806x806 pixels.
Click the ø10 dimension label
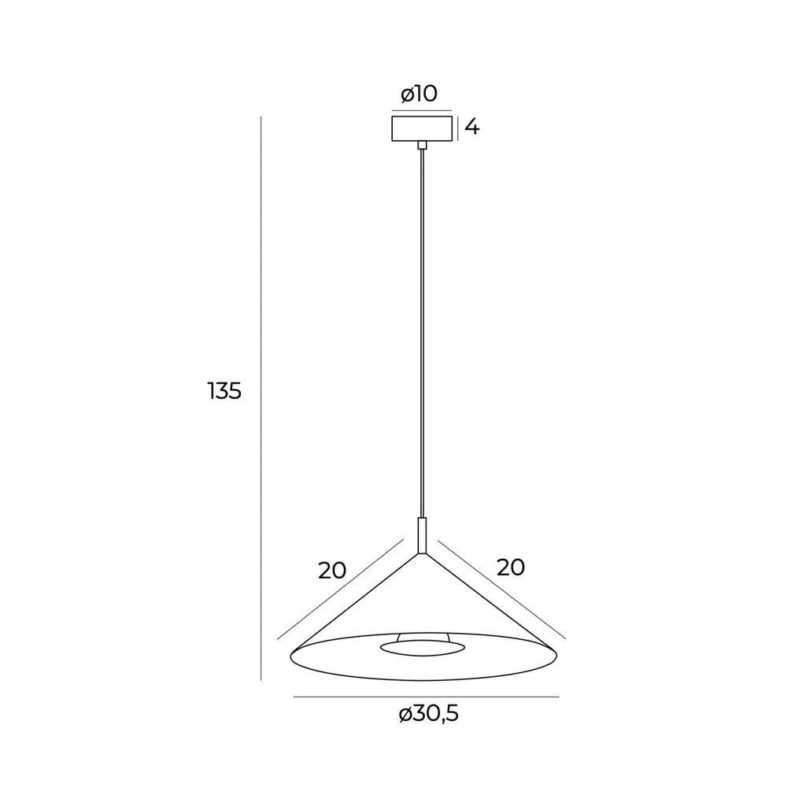coord(419,94)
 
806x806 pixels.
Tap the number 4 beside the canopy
coord(472,127)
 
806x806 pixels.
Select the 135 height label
coord(224,391)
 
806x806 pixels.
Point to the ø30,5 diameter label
coord(428,714)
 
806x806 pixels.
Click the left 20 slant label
coord(332,571)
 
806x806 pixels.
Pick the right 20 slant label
coord(510,567)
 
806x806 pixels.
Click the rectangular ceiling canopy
coord(422,128)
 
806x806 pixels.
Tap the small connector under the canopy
coord(422,145)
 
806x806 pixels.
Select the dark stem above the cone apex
coord(422,535)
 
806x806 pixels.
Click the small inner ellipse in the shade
coord(423,649)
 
